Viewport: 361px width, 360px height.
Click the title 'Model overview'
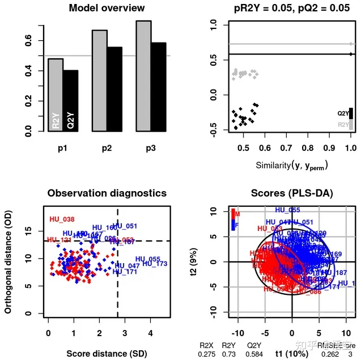(107, 8)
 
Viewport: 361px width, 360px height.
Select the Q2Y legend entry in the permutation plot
(343, 113)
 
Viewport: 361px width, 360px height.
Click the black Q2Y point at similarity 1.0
(351, 54)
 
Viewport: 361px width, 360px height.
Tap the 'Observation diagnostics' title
(107, 193)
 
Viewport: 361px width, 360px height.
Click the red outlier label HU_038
(62, 219)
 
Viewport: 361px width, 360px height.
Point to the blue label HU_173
(155, 264)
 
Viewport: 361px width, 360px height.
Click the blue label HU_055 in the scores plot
(288, 210)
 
